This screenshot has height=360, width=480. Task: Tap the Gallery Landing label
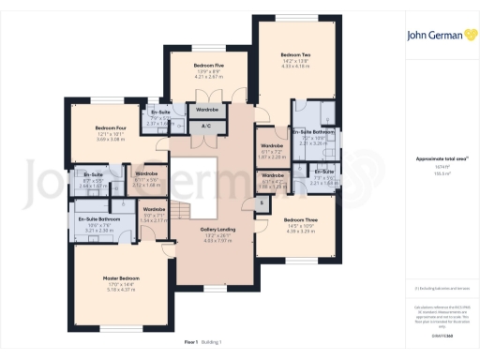click(217, 229)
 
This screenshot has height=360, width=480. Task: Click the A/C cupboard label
click(206, 125)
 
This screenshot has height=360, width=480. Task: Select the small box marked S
click(261, 203)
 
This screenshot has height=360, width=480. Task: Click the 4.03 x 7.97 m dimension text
click(217, 241)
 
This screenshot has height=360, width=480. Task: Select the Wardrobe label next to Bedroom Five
click(206, 108)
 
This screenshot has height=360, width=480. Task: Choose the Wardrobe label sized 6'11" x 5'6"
click(146, 173)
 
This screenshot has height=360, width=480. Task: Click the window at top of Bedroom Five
click(209, 46)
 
